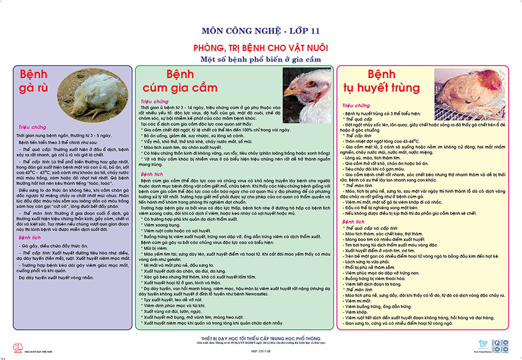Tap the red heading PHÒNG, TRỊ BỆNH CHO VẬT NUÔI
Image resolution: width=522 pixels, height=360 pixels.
(x=260, y=47)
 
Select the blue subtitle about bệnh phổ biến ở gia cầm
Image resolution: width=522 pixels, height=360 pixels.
(x=260, y=59)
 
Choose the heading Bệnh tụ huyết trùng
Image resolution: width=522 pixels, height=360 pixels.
(x=380, y=82)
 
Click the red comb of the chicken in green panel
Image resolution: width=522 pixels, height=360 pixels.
(x=306, y=77)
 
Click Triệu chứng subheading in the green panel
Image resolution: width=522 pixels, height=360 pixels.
(x=154, y=102)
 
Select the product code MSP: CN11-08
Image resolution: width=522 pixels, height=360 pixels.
(x=261, y=350)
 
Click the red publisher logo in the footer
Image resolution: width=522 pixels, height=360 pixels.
(x=17, y=345)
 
